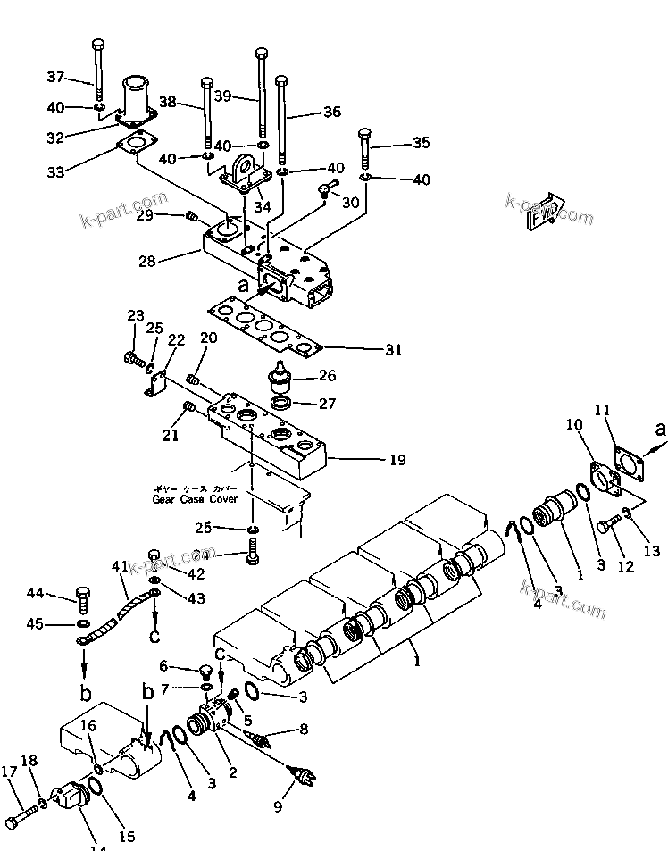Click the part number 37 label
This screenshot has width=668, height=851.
click(55, 77)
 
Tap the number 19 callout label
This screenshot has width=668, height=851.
click(397, 461)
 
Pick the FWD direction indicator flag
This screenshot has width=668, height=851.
click(543, 213)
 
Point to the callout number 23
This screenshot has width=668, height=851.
click(135, 315)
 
